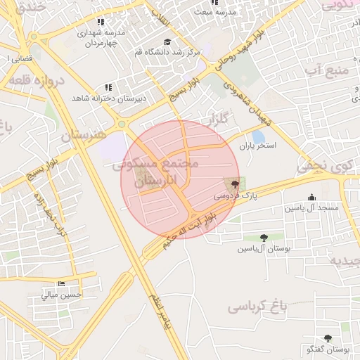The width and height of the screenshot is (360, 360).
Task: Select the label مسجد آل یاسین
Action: tap(311, 209)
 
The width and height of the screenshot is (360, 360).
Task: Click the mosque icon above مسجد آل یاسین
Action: tap(311, 198)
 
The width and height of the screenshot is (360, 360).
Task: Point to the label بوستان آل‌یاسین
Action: tap(263, 249)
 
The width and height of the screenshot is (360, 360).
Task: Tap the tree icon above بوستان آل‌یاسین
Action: tap(263, 238)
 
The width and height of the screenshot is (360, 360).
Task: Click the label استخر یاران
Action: tap(258, 146)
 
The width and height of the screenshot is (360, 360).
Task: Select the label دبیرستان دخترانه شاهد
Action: tap(108, 98)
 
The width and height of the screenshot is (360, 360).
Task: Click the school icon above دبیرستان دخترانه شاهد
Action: tap(108, 86)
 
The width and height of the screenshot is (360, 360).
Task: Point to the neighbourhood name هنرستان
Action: tap(84, 134)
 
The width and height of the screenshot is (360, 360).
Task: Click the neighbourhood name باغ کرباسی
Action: tap(259, 307)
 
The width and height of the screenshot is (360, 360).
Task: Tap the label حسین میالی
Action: tap(62, 295)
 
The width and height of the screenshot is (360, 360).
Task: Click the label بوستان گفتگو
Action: tap(328, 349)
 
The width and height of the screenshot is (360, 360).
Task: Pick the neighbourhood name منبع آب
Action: tap(329, 70)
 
